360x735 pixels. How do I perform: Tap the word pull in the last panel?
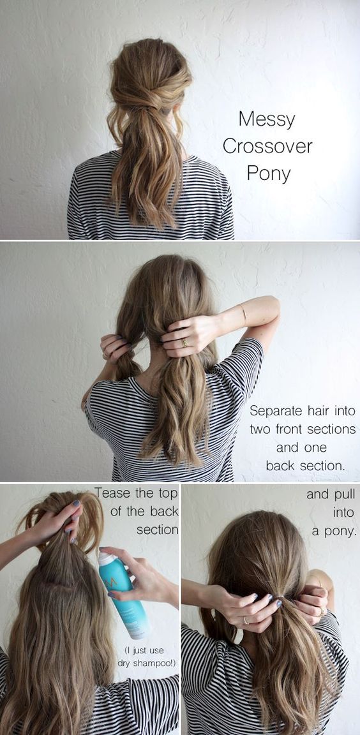(x=343, y=494)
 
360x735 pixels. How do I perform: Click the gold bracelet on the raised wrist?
(x=243, y=313)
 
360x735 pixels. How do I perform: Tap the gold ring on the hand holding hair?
(x=185, y=342)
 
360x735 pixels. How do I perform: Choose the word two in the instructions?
(x=262, y=429)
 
